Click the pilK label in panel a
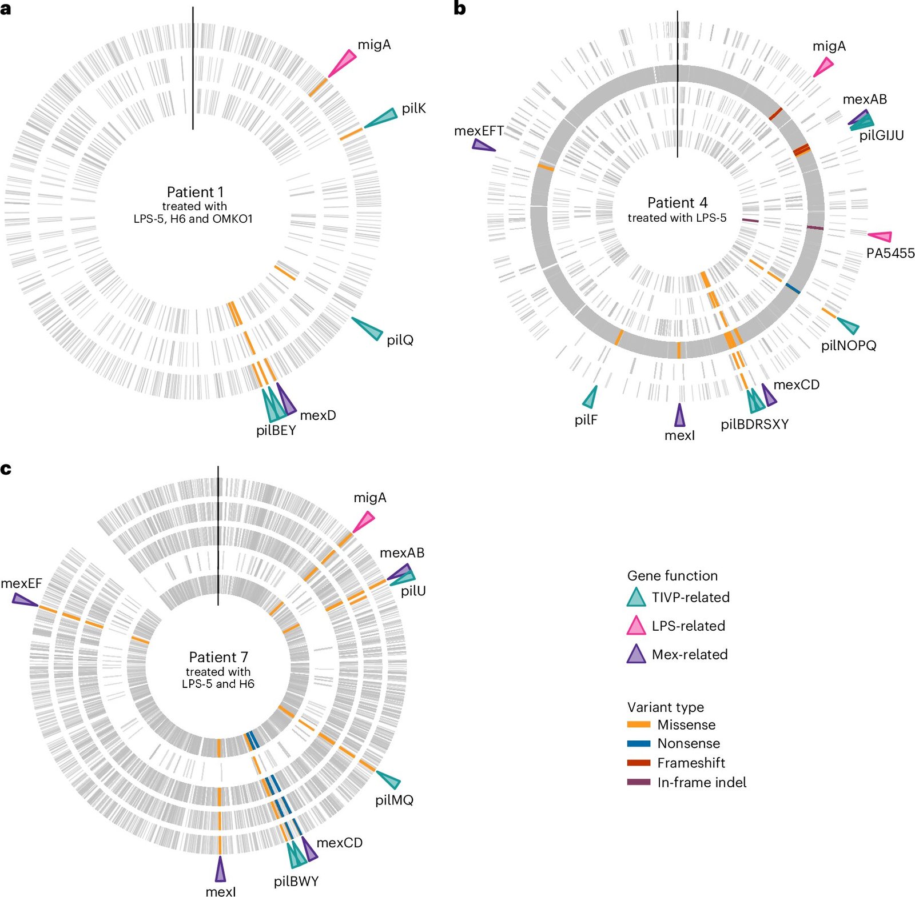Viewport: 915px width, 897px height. pos(413,109)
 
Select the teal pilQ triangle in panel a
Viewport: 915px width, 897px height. pos(368,327)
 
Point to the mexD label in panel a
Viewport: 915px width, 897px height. pos(318,415)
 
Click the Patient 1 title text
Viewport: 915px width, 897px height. pos(195,192)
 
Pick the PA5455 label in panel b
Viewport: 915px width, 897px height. pos(890,253)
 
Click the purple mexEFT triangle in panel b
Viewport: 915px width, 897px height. pos(483,146)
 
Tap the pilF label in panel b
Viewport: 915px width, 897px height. pos(586,420)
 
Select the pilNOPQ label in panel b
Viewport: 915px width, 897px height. pos(849,345)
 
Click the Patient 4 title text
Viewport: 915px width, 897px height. pos(677,203)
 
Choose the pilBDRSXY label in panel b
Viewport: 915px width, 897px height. pos(754,425)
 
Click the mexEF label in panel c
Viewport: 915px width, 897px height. pos(21,583)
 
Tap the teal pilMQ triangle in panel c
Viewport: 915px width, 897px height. pos(389,779)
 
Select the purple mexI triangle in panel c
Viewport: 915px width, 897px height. pos(220,869)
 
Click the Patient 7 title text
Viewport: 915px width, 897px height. pos(218,657)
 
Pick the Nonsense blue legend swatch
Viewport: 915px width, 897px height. pos(639,743)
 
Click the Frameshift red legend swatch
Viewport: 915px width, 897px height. pos(639,763)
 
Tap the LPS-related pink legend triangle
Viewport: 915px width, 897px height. pos(636,626)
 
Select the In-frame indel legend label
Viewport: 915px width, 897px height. pos(702,782)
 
